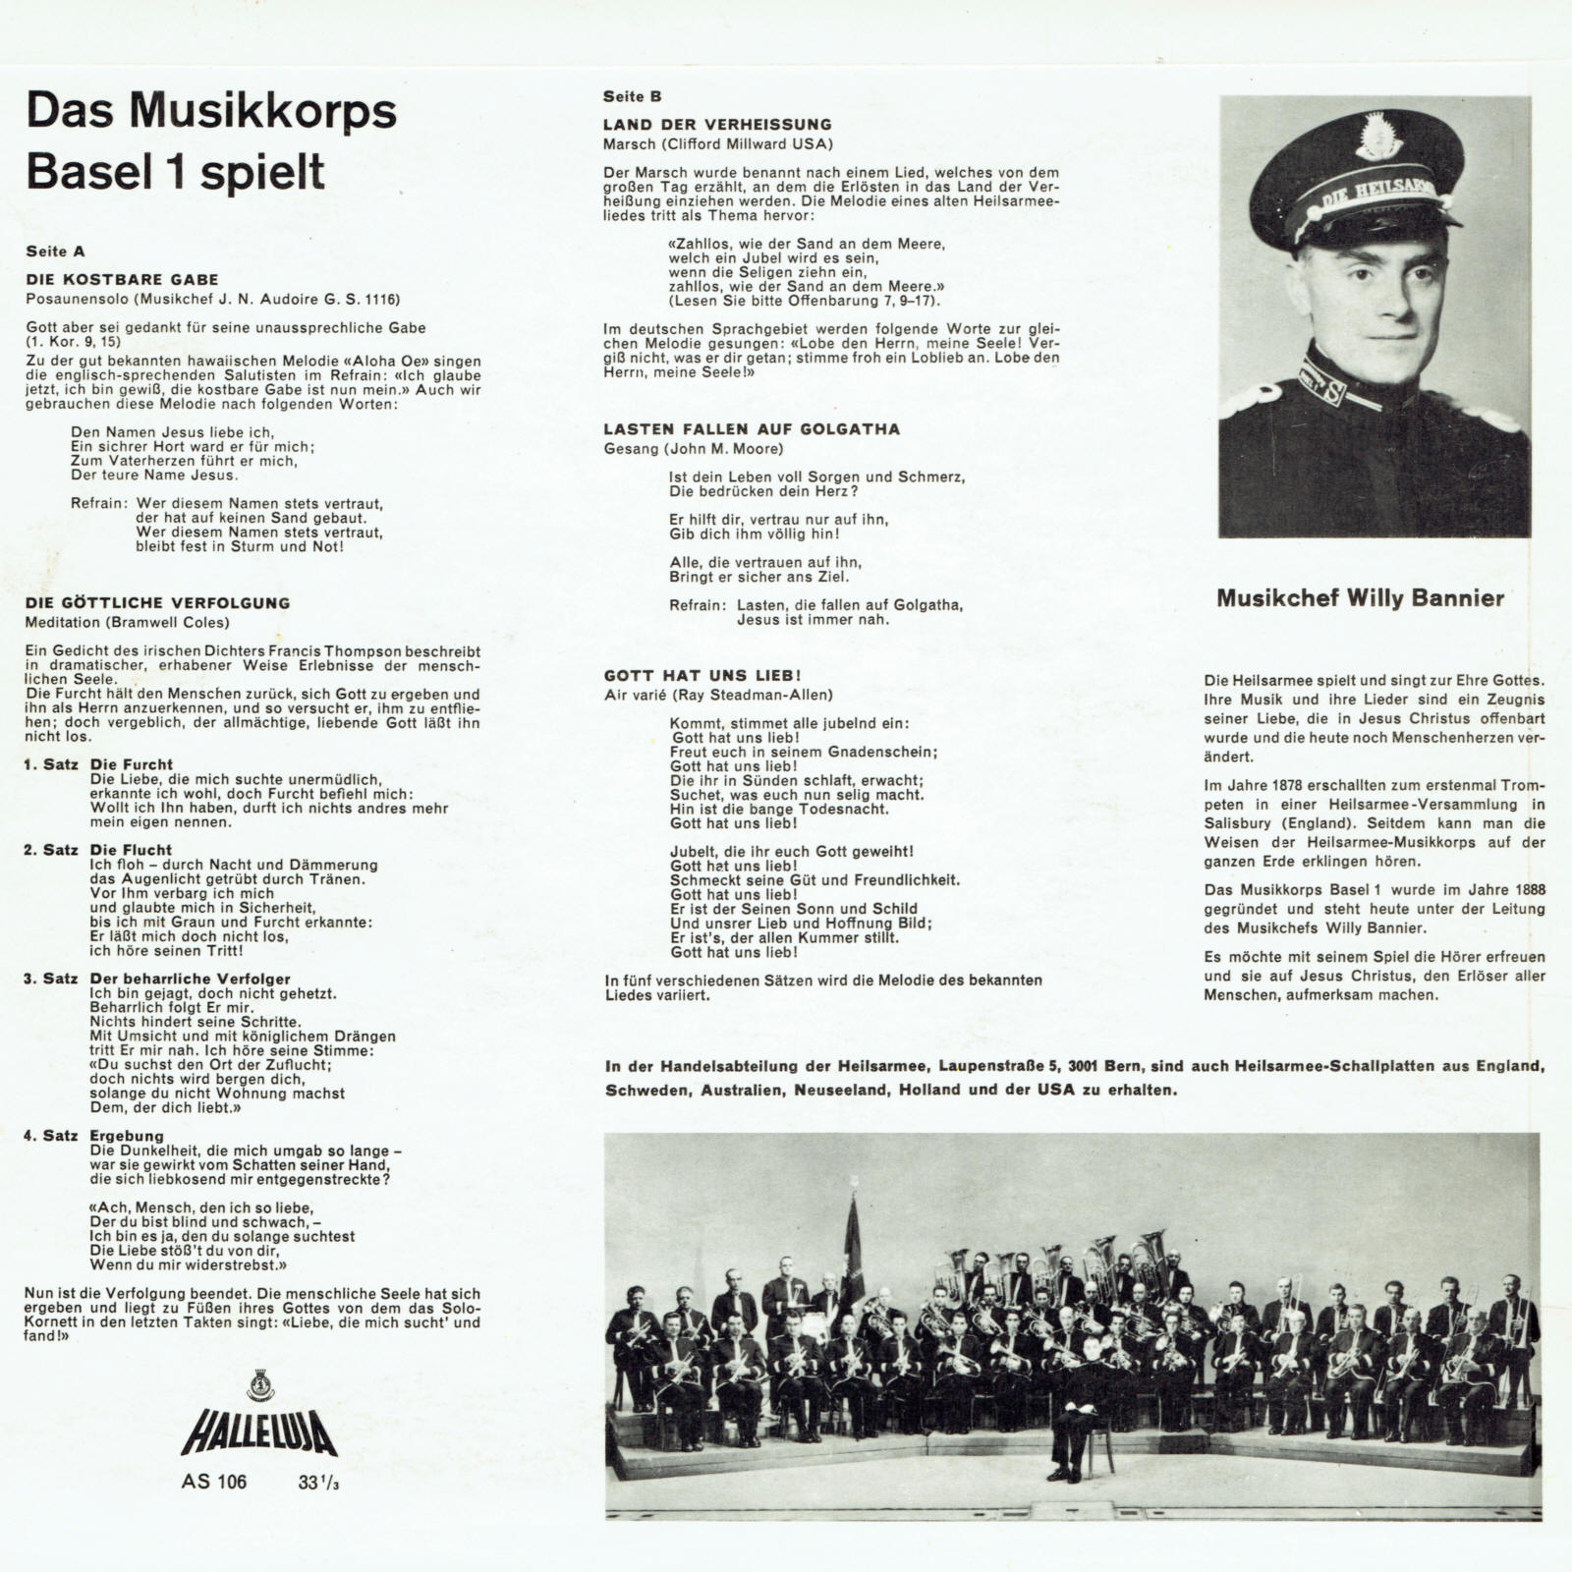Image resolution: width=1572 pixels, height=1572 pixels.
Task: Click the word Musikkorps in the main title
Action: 263,111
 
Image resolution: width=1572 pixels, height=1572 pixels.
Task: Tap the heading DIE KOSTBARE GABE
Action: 122,280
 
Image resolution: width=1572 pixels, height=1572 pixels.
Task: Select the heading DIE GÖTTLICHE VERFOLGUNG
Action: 157,603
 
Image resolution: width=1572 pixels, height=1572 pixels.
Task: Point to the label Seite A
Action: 55,252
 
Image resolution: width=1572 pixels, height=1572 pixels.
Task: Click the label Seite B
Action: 632,96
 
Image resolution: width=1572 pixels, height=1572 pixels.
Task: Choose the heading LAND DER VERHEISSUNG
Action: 717,125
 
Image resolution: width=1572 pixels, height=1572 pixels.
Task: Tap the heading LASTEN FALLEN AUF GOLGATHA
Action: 752,429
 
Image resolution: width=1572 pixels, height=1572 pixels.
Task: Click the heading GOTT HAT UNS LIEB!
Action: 702,676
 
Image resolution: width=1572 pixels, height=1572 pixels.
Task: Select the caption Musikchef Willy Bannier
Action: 1360,598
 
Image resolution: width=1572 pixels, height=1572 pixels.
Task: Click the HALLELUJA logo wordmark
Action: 259,1432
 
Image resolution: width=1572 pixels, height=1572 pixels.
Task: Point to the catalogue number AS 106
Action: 214,1482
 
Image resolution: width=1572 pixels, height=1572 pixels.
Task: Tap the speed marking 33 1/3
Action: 318,1483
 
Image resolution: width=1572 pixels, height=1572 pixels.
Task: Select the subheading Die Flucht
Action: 131,850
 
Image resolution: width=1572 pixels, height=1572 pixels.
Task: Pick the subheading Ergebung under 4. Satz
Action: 127,1136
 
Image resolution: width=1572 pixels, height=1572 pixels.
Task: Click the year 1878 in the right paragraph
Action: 1292,785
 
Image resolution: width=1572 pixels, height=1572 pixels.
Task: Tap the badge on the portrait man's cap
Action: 1376,137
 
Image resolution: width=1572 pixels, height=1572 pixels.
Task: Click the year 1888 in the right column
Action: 1524,890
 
